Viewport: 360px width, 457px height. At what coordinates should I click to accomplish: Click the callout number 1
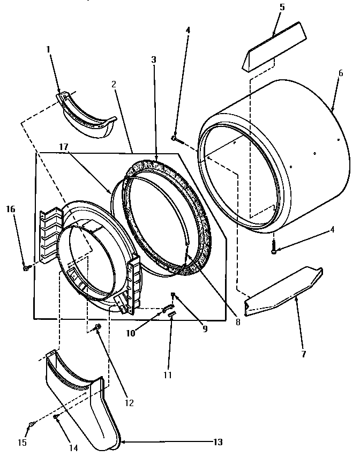48,49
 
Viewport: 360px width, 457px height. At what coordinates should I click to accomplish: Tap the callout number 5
282,8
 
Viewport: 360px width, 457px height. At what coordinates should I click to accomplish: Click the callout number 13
217,442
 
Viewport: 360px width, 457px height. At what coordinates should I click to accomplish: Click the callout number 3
154,61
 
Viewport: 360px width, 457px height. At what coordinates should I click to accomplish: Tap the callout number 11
168,375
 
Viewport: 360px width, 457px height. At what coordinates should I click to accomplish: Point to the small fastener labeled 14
56,416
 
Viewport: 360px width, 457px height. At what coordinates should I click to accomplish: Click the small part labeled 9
174,295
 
